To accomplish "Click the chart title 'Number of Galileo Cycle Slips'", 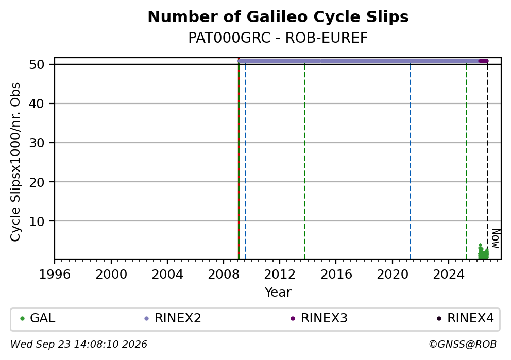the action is (x=278, y=17).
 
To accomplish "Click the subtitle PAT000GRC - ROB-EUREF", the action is (x=278, y=38).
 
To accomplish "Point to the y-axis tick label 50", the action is (x=37, y=64).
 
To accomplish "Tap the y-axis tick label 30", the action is (x=37, y=143).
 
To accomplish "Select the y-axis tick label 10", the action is (x=37, y=221).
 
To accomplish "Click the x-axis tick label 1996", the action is (x=55, y=275).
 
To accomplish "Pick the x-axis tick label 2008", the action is (x=223, y=275).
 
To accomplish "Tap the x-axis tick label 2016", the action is (x=336, y=275).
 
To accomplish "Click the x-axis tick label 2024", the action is (x=449, y=275).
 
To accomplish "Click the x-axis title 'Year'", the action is (x=278, y=292).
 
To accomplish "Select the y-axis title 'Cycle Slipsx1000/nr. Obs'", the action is (x=15, y=162).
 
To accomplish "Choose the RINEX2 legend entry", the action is (x=173, y=318).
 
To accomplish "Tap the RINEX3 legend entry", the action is (x=319, y=318).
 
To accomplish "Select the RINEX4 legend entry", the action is (x=465, y=318).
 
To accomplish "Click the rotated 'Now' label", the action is (x=496, y=239).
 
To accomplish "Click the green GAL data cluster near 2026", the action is (x=483, y=252).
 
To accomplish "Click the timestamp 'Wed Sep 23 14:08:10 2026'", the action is (x=78, y=345).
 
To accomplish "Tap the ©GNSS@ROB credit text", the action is (x=463, y=345).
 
